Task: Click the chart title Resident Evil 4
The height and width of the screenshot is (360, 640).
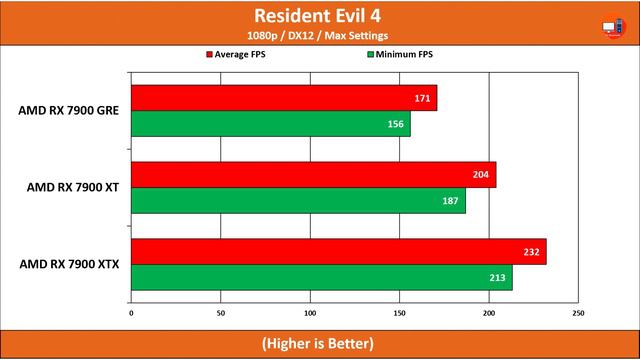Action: click(319, 16)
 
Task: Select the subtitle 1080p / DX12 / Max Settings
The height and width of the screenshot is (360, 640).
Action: click(319, 36)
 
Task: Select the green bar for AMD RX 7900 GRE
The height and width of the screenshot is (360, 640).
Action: click(270, 123)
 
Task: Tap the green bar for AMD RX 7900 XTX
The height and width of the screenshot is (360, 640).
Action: click(321, 277)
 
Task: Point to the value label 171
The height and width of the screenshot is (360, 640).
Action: click(424, 98)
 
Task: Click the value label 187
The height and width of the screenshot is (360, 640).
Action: click(451, 200)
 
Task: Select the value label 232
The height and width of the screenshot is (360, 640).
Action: click(531, 252)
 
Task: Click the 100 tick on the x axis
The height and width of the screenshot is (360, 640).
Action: click(310, 312)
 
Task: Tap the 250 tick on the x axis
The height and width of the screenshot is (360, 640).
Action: click(578, 312)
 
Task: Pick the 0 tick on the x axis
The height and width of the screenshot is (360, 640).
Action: click(132, 312)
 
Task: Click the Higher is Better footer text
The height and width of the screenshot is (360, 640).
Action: click(319, 343)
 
